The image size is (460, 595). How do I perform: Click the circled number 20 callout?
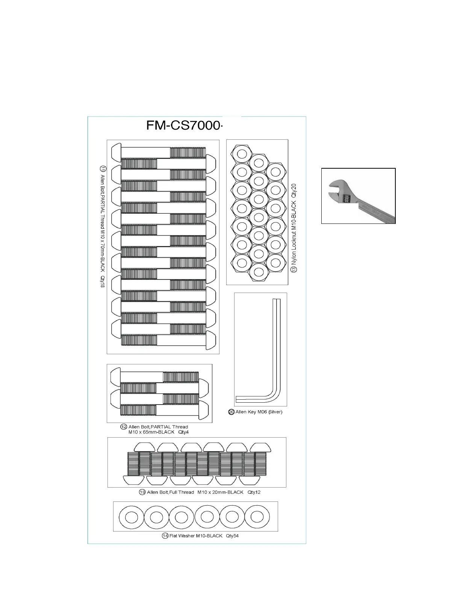[232, 412]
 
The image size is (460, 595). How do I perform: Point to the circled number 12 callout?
[124, 427]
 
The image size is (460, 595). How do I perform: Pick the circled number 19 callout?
[142, 492]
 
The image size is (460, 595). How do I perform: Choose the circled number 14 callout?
[165, 536]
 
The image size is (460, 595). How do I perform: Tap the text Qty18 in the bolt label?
[102, 282]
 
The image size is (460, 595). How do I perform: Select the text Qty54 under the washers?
[232, 536]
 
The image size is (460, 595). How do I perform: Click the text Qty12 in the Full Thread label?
[254, 492]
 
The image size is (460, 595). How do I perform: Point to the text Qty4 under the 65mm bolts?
[183, 432]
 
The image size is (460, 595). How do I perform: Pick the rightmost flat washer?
[257, 517]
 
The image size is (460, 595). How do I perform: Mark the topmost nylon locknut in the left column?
[242, 153]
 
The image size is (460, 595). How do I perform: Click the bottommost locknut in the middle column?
[259, 271]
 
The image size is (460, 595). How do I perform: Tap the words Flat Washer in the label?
[182, 536]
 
